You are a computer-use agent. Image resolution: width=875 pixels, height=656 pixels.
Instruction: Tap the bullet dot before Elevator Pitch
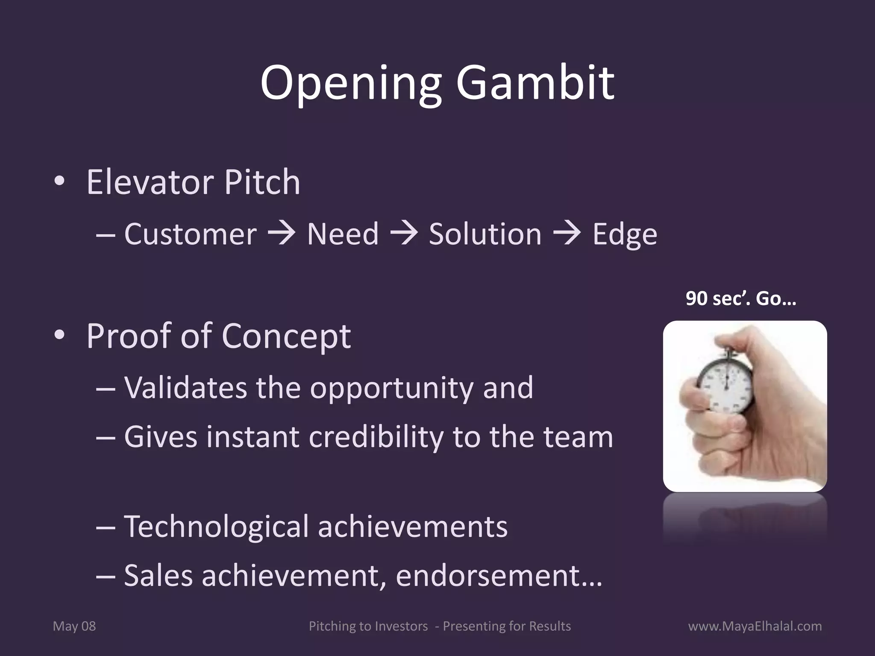[x=59, y=182]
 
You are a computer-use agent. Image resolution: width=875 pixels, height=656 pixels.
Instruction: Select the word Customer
[x=190, y=234]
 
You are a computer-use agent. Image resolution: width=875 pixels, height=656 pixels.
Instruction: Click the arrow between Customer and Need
[x=282, y=234]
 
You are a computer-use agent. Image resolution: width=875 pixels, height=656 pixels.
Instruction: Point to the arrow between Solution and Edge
[x=567, y=234]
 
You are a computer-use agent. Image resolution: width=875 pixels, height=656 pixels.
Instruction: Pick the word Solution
[x=485, y=234]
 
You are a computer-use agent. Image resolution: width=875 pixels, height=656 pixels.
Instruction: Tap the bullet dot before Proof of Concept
[x=59, y=336]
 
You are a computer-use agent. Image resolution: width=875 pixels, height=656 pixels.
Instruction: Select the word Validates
[x=185, y=388]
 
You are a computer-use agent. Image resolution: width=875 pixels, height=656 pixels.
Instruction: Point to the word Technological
[x=216, y=527]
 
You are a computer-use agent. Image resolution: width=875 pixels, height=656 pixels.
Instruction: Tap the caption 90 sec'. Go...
[x=740, y=299]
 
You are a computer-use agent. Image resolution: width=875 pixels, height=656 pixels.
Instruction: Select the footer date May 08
[x=74, y=626]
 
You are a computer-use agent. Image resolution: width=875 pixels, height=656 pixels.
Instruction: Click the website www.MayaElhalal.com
[x=755, y=626]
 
